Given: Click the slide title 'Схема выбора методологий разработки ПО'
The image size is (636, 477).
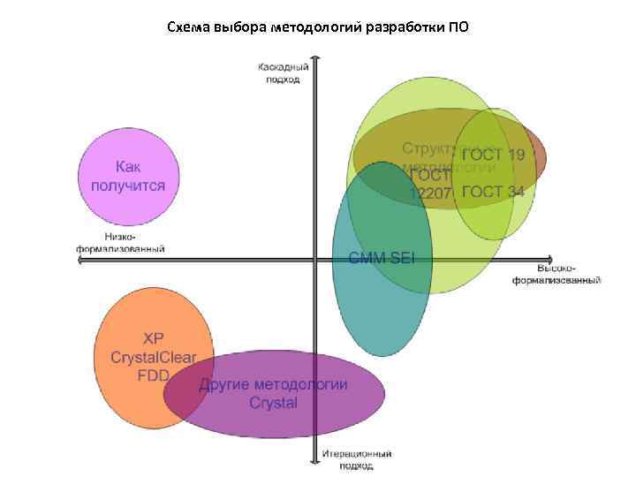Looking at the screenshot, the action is [318, 26].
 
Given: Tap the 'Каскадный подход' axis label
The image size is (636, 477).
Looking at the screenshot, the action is [283, 72].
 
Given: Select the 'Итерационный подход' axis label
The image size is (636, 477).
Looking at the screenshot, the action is [356, 459].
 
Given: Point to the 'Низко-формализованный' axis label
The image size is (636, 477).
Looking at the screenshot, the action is [120, 243].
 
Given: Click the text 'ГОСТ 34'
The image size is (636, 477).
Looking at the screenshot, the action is [493, 192].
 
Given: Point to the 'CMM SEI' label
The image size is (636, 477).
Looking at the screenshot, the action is [382, 258].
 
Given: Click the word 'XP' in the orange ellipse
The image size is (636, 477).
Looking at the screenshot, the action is [154, 339].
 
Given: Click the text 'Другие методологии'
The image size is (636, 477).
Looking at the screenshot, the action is [273, 385].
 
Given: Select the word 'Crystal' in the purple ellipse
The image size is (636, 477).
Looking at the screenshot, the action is [273, 404].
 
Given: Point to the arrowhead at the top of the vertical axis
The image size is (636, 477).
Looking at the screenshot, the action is [315, 61].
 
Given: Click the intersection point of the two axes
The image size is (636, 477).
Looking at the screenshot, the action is [315, 259].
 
